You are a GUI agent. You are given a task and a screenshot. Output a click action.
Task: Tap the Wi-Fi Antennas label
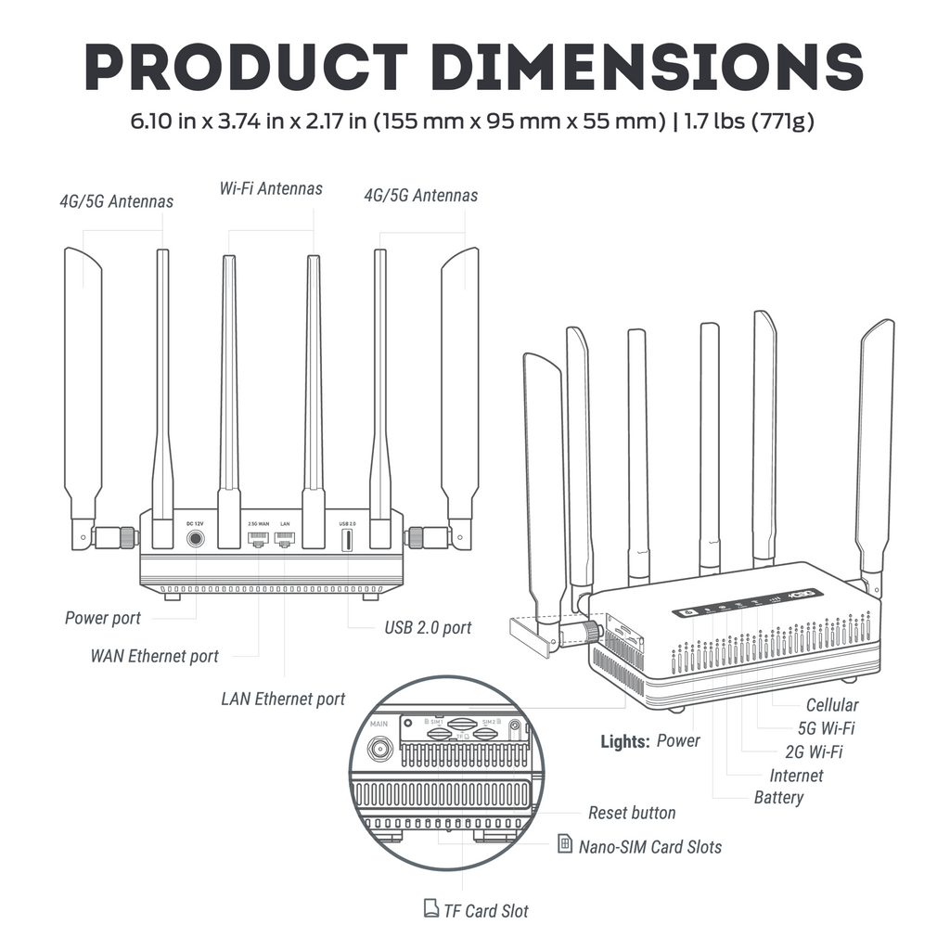(271, 188)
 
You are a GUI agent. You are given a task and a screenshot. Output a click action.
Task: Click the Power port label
(103, 618)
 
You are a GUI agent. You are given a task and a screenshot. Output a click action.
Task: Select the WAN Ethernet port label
(154, 656)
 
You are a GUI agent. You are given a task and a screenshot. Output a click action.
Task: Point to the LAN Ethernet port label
(283, 699)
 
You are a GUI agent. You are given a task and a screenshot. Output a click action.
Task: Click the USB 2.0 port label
(428, 627)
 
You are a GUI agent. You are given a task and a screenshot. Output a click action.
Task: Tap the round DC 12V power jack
(196, 538)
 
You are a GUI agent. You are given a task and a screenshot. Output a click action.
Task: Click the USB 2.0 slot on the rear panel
(347, 540)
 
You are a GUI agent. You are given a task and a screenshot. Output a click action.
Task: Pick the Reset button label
(632, 813)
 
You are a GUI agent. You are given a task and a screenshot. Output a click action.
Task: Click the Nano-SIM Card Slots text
(649, 846)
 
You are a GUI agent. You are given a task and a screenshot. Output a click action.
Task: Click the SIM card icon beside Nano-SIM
(565, 844)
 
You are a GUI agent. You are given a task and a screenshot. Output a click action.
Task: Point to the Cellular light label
(831, 705)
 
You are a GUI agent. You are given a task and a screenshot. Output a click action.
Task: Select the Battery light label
(778, 797)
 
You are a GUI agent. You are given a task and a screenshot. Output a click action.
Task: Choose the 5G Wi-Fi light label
(826, 728)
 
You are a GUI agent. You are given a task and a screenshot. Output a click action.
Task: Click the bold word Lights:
(625, 740)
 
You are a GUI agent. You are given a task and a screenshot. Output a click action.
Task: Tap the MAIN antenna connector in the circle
(379, 748)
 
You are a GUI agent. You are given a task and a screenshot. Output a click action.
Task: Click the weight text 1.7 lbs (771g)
(748, 122)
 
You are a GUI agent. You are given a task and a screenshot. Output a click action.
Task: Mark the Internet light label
(796, 775)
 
